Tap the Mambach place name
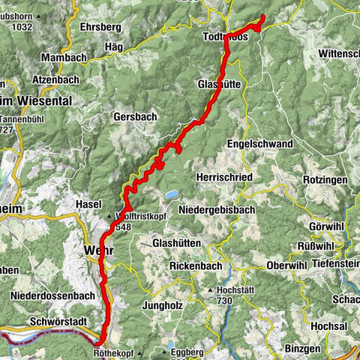pos(66,57)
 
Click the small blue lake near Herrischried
pos(172,194)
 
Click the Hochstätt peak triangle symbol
pos(211,289)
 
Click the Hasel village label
pos(89,204)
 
